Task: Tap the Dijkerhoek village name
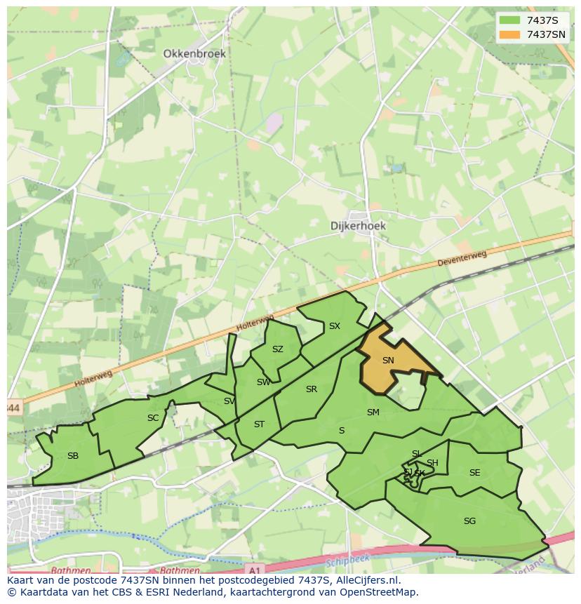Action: tap(358, 227)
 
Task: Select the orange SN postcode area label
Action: tap(388, 360)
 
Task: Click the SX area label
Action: tap(335, 326)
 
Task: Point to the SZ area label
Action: tap(278, 349)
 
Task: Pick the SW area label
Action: tap(263, 382)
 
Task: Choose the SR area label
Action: tap(312, 389)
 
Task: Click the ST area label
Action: tap(259, 424)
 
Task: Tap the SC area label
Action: tap(153, 418)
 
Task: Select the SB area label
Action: tap(73, 456)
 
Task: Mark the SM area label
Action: tap(373, 412)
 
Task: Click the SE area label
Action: tap(475, 473)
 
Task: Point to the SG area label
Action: tap(470, 521)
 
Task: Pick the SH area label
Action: tap(432, 463)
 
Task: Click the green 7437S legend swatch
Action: tap(509, 20)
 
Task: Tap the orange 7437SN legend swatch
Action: tap(509, 34)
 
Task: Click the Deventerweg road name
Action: tap(461, 259)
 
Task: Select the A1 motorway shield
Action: tap(255, 570)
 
